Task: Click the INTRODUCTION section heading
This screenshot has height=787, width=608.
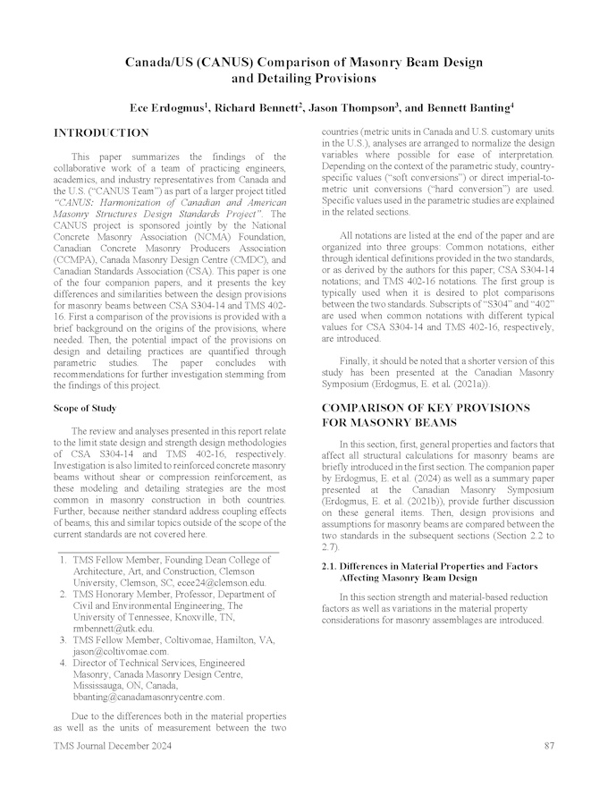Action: coord(101,133)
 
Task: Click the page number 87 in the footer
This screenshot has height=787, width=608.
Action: coord(550,746)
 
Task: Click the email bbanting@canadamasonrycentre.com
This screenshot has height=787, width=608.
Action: coord(148,696)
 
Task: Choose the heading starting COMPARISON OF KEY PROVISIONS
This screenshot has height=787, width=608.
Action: coord(425,407)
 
